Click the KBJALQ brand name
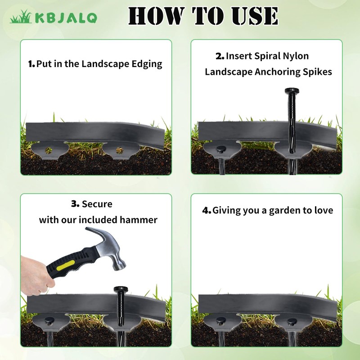66,18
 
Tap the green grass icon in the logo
21,17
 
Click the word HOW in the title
156,16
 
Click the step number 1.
31,64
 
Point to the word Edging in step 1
147,64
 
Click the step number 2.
220,56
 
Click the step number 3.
75,204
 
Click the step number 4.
207,210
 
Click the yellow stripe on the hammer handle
65,265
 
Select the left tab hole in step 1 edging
49,150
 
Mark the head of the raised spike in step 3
121,289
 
